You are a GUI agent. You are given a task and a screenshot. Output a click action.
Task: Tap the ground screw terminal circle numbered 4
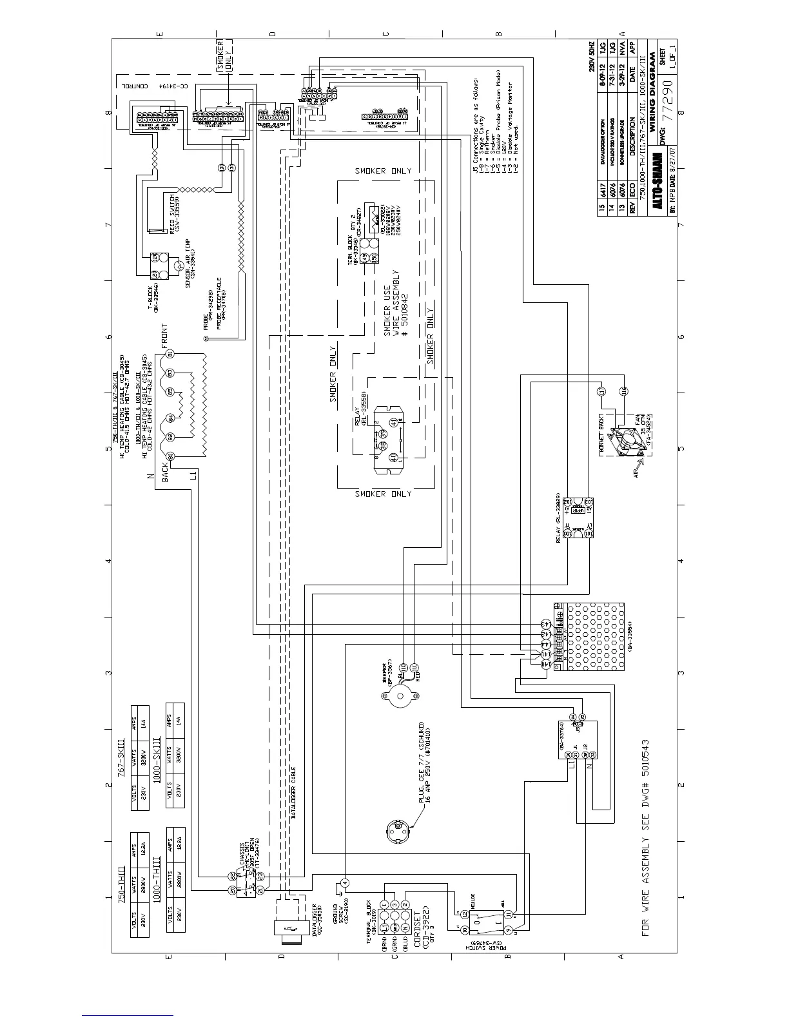(x=345, y=882)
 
